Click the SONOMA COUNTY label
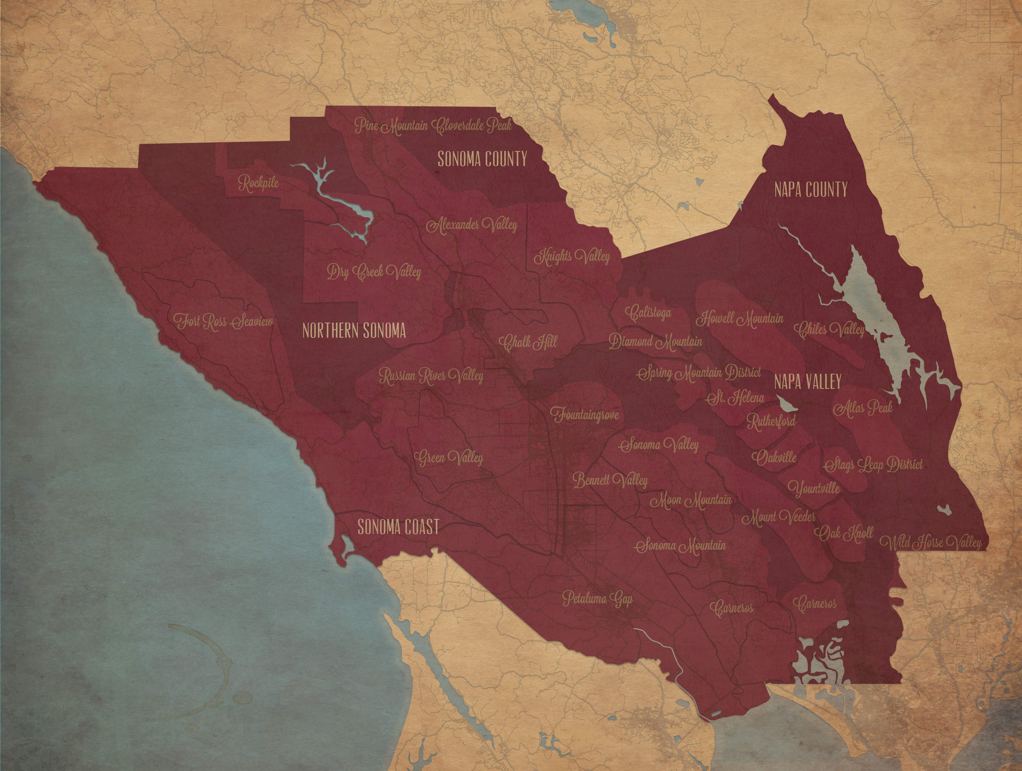pos(482,159)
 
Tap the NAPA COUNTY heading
pos(811,190)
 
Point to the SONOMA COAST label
pos(398,527)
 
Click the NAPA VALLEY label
pos(807,382)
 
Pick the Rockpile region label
pos(259,183)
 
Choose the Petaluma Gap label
pos(597,599)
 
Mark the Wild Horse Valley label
pos(930,542)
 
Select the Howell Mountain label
pos(740,318)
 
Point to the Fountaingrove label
pos(584,414)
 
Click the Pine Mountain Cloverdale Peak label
pos(433,125)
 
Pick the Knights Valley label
pos(572,256)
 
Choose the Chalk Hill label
pos(528,342)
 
